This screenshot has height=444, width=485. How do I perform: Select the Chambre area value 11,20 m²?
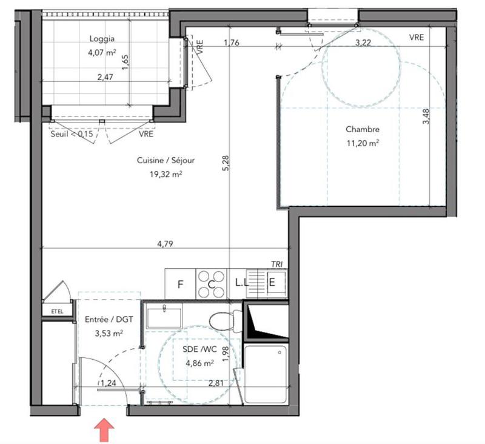pyautogui.click(x=363, y=144)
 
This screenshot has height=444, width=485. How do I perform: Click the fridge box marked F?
pyautogui.click(x=180, y=284)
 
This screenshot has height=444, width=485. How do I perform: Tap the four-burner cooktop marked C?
pyautogui.click(x=212, y=284)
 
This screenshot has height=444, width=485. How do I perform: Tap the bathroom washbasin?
pyautogui.click(x=164, y=317)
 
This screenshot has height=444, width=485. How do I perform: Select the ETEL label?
pyautogui.click(x=56, y=312)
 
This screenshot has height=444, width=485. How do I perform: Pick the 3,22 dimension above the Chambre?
pyautogui.click(x=363, y=42)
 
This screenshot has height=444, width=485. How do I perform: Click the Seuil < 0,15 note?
pyautogui.click(x=72, y=135)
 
